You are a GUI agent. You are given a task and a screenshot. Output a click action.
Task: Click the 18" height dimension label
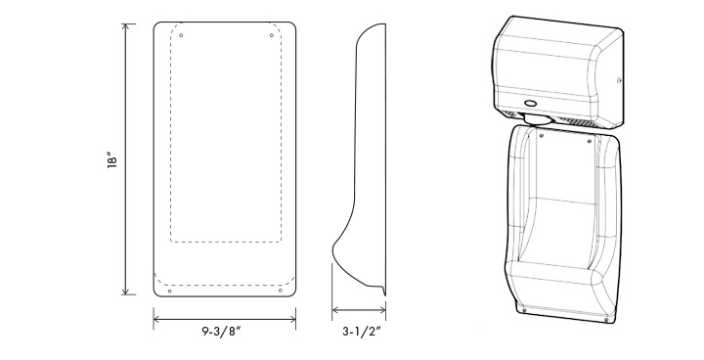(x=112, y=160)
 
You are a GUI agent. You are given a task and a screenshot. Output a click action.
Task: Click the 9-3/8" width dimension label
(x=222, y=333)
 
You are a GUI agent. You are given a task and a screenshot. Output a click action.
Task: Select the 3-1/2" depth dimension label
(x=362, y=333)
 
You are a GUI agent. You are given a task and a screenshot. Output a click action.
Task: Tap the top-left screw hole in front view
(x=181, y=35)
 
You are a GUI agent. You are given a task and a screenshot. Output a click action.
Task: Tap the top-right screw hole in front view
(x=271, y=35)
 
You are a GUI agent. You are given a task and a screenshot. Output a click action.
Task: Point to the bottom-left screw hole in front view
(x=169, y=291)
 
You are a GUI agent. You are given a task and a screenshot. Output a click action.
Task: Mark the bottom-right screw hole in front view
(x=281, y=291)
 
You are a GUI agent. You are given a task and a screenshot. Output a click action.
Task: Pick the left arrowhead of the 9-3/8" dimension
(x=156, y=320)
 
